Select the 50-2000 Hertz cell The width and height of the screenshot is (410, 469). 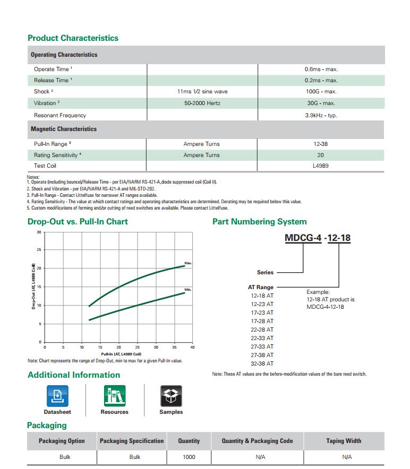[x=202, y=103]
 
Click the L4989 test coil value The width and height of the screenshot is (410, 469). [x=321, y=166]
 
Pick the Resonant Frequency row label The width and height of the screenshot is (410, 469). [x=60, y=115]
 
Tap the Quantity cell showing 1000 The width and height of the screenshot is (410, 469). [x=189, y=457]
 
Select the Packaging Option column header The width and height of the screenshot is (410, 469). [x=62, y=441]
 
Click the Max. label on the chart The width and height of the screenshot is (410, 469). [x=188, y=263]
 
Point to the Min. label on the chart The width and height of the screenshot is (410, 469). [x=188, y=289]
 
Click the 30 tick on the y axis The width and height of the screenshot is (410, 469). [x=39, y=232]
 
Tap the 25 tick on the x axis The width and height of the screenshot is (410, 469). [x=137, y=347]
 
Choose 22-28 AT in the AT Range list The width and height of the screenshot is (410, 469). [x=262, y=329]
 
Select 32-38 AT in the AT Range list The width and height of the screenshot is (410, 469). [x=262, y=363]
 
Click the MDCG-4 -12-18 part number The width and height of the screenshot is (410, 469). [x=318, y=238]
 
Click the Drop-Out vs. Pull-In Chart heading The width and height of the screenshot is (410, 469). [x=78, y=221]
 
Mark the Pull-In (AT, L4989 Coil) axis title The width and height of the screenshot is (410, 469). [x=121, y=354]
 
